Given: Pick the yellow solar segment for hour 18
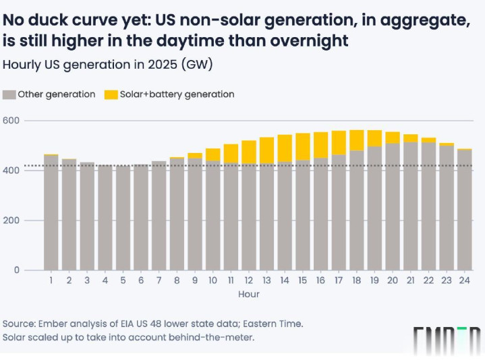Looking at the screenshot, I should coord(357,140).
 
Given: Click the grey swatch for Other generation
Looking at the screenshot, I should coord(9,94).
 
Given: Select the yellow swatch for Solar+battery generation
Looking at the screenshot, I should coord(111,94).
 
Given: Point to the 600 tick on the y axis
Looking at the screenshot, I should coord(12,121).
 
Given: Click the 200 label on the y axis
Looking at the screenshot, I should coord(12,220).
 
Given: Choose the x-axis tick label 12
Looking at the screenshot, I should coord(248,280).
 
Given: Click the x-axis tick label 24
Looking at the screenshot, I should coord(465,280).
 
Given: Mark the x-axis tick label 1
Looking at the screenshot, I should coord(51,280).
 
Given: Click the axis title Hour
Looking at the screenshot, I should coord(248,294).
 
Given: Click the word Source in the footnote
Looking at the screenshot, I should coord(20,322).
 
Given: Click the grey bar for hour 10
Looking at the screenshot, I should coord(212,216).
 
